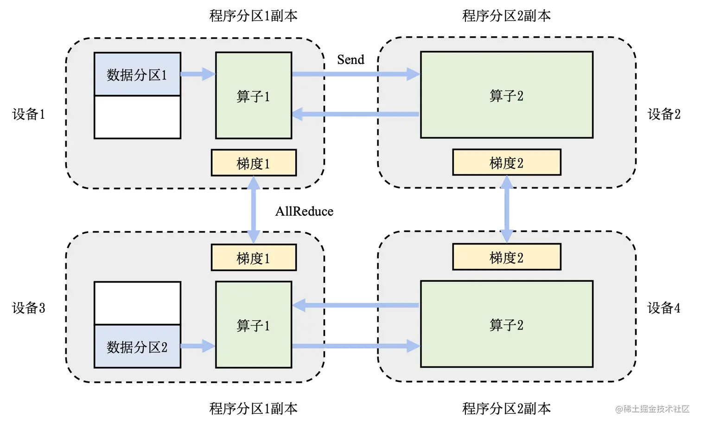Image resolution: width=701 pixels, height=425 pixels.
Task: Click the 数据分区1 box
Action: (137, 74)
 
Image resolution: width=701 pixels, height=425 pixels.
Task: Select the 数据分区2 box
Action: (137, 347)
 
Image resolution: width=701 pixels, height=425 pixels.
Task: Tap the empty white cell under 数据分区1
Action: (137, 117)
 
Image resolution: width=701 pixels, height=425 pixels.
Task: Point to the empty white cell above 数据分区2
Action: (137, 303)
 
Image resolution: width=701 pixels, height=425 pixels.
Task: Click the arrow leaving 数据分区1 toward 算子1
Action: (197, 74)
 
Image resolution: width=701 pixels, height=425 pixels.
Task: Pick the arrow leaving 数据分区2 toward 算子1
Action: (197, 346)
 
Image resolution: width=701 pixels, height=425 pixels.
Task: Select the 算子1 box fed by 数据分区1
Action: (254, 96)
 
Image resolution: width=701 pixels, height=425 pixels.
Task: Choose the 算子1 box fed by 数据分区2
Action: (254, 325)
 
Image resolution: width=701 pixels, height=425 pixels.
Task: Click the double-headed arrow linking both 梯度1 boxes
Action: (254, 210)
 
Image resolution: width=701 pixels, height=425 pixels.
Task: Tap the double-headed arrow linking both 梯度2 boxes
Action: (507, 210)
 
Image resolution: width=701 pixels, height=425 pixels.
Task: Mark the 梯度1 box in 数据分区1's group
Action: (254, 163)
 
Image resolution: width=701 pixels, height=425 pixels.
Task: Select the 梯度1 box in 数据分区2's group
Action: (254, 258)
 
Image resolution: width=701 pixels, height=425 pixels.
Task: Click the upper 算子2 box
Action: (507, 95)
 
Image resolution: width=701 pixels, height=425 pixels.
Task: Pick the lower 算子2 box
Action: (507, 324)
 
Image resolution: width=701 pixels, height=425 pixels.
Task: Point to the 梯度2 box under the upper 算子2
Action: (507, 162)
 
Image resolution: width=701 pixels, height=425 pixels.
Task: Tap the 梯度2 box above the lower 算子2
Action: (507, 258)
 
